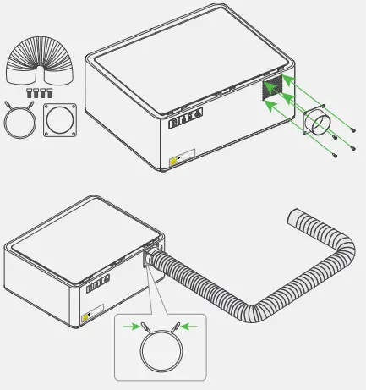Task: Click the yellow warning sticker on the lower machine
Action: [x=86, y=318]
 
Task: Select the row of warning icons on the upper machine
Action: [x=186, y=118]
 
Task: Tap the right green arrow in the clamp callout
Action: [x=190, y=323]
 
